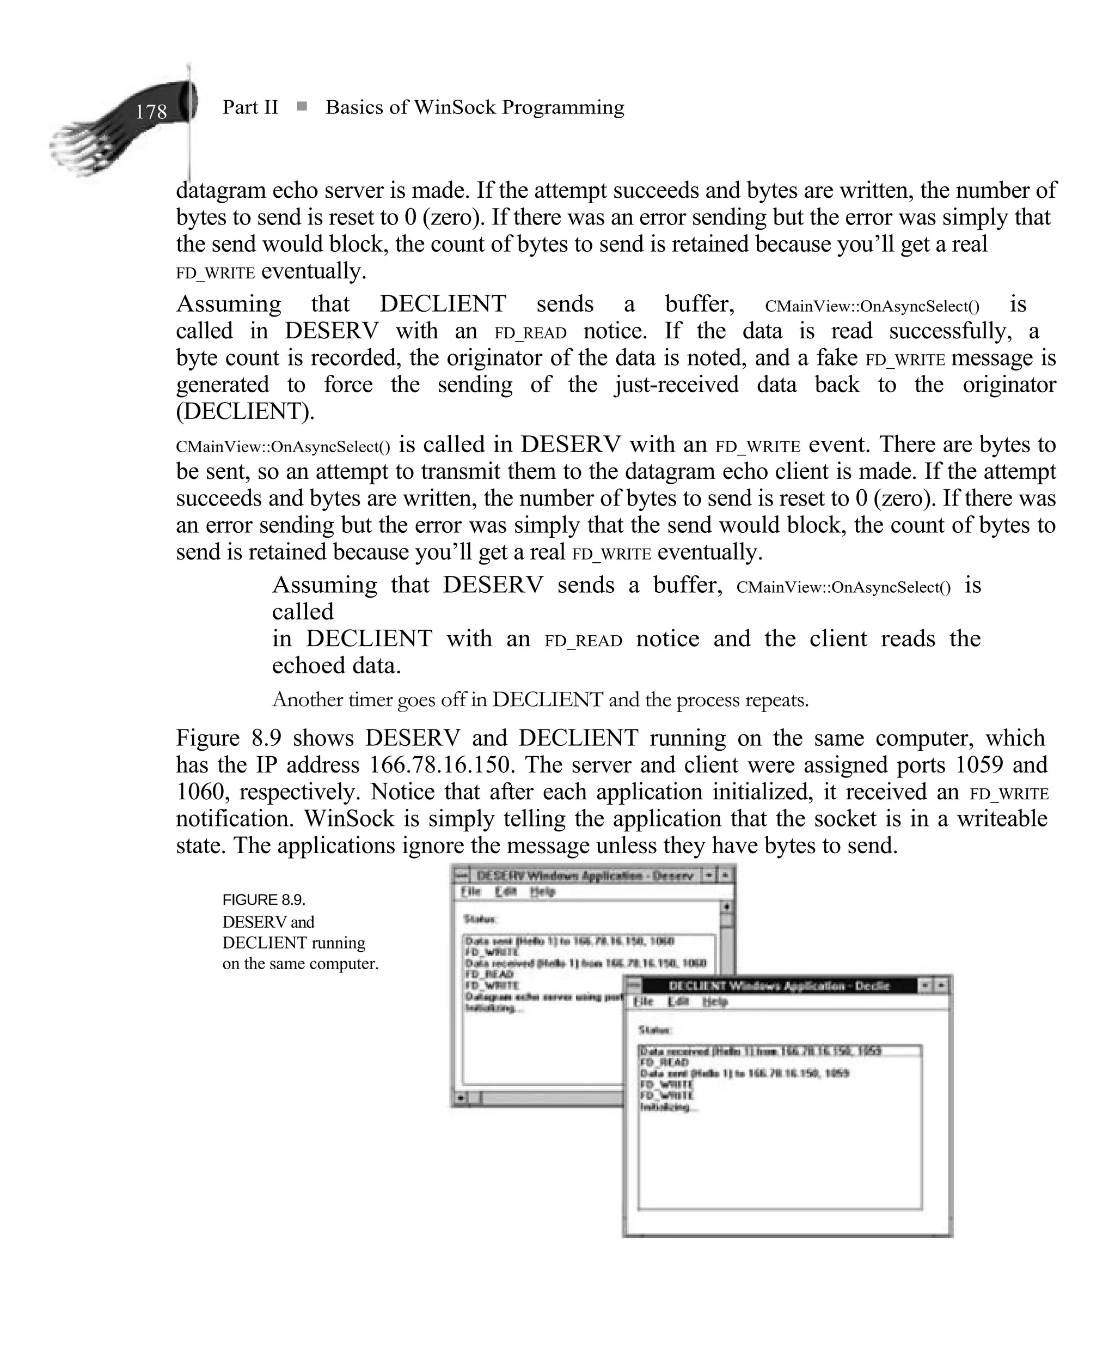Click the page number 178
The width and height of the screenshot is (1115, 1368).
151,111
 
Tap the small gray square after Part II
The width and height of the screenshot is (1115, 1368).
301,106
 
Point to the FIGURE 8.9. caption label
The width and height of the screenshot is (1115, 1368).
264,899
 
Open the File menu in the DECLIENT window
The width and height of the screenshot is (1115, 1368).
643,1002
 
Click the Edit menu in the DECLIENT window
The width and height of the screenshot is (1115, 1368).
678,1002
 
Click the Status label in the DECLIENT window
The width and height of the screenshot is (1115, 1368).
654,1030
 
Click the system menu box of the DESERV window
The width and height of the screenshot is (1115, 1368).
460,875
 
